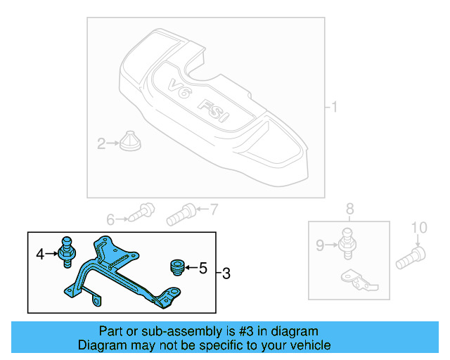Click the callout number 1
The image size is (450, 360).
click(335, 108)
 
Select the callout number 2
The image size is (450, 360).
click(101, 144)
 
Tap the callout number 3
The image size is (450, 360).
click(225, 273)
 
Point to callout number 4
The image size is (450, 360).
click(41, 253)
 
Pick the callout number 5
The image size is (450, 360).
click(203, 268)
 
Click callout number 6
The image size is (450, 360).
click(110, 220)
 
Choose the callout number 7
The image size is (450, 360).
click(214, 208)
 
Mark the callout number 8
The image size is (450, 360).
click(350, 208)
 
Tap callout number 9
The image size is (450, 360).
click(320, 245)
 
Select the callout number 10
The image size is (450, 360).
click(418, 227)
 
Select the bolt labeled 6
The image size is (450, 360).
click(143, 212)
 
